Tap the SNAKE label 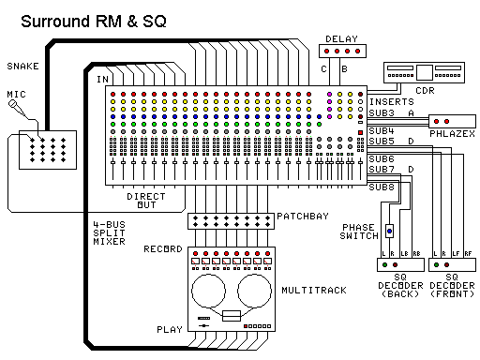22,67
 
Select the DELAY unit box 339,53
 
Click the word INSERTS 390,101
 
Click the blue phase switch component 389,231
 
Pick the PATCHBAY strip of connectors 230,221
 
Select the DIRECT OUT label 145,202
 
